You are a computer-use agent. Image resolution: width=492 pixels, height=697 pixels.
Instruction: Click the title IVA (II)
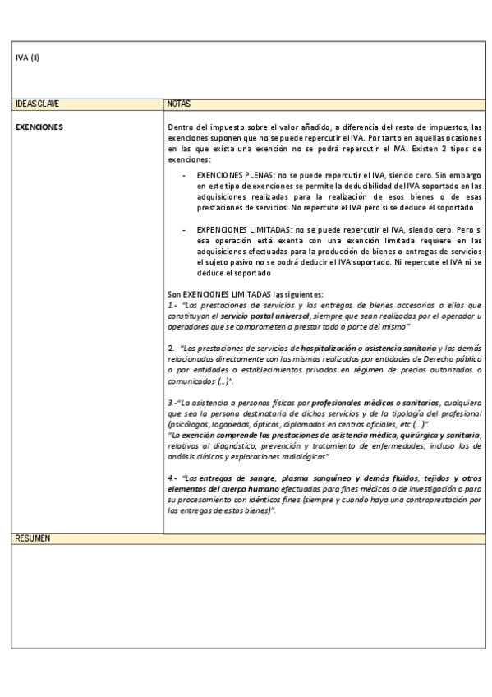click(x=28, y=57)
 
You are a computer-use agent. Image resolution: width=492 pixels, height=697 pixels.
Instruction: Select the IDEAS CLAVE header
click(x=37, y=104)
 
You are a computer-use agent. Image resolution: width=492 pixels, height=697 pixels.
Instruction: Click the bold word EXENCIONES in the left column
click(x=39, y=127)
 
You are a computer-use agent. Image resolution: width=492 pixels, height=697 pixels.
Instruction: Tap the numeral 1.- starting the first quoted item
click(x=172, y=304)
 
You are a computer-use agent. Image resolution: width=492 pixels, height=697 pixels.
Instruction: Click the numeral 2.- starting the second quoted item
click(x=172, y=349)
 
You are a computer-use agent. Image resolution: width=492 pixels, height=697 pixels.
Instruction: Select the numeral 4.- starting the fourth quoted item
click(x=172, y=478)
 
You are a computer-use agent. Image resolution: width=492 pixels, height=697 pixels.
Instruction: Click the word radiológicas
click(x=303, y=456)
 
